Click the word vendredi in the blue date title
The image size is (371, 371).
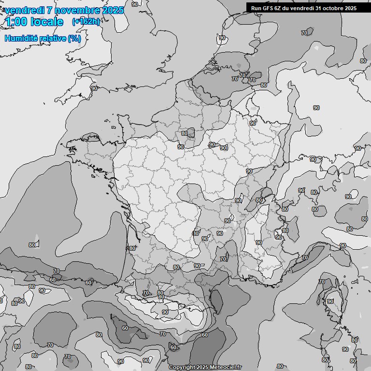(24, 10)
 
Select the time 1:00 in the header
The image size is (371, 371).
(15, 22)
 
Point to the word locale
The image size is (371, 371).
(47, 22)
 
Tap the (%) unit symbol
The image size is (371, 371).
(74, 38)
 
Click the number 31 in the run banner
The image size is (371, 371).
(315, 8)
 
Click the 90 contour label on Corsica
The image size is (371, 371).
(330, 301)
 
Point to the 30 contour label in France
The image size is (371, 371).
(195, 233)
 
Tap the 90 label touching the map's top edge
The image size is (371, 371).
(134, 4)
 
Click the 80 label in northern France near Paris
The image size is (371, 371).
(184, 133)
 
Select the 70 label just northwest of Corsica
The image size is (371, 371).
(322, 282)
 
